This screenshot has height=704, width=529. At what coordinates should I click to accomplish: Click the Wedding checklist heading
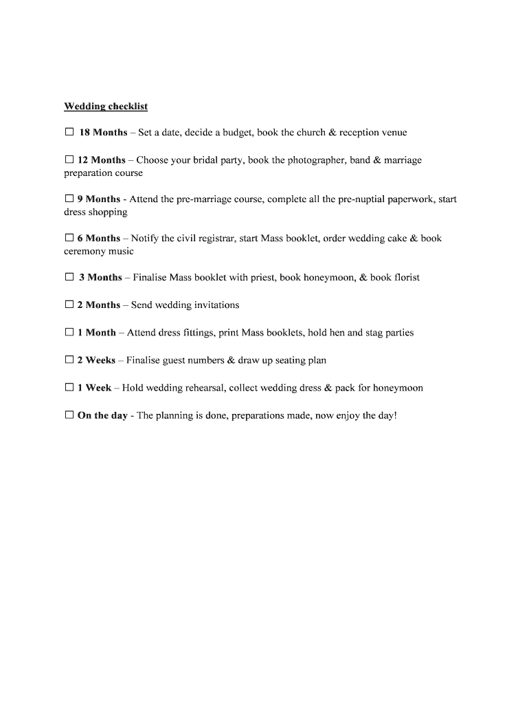coord(106,107)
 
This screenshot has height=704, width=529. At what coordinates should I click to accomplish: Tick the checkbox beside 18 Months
coord(69,132)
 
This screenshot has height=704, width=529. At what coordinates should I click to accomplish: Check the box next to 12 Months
coord(69,159)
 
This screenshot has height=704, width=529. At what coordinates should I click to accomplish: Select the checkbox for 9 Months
coord(69,199)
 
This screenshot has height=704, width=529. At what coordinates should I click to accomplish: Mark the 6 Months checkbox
coord(69,238)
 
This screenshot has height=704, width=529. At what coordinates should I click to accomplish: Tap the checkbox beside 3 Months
coord(69,277)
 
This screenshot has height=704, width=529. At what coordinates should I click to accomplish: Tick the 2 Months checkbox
coord(69,305)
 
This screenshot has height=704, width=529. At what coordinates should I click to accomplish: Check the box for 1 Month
coord(69,332)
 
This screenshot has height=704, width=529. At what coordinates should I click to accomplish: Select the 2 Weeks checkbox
coord(69,360)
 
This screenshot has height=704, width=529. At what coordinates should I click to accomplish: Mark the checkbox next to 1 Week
coord(69,388)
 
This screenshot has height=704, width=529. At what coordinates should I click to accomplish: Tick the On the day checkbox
coord(69,415)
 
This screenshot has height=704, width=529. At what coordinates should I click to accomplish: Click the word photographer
coord(316,160)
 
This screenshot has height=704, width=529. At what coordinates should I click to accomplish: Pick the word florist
coord(407,278)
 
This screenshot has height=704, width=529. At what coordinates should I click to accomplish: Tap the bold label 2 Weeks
coord(96,360)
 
